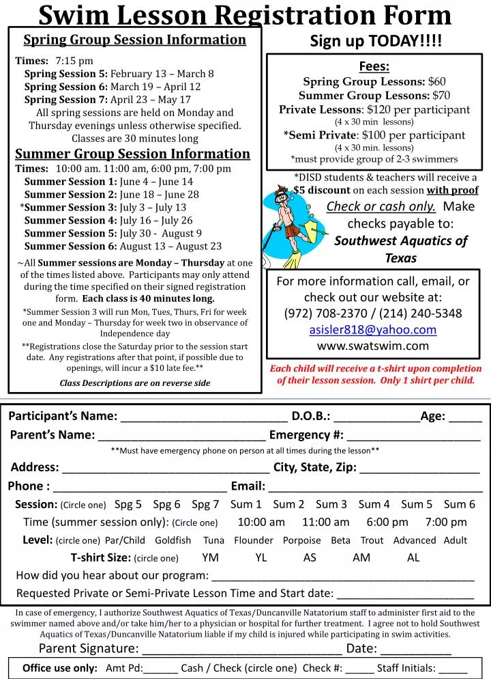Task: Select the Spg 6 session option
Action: pos(166,505)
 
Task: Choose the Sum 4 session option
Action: pos(374,505)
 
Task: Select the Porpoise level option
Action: pos(301,540)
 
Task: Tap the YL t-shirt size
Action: pos(261,557)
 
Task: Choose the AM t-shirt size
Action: pos(361,557)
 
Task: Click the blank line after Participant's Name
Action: pos(203,417)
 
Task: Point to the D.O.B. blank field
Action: pos(376,417)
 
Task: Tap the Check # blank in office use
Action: pos(359,669)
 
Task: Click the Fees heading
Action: pos(374,66)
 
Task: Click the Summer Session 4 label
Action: pos(71,220)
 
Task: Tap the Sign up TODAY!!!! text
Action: pos(376,41)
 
